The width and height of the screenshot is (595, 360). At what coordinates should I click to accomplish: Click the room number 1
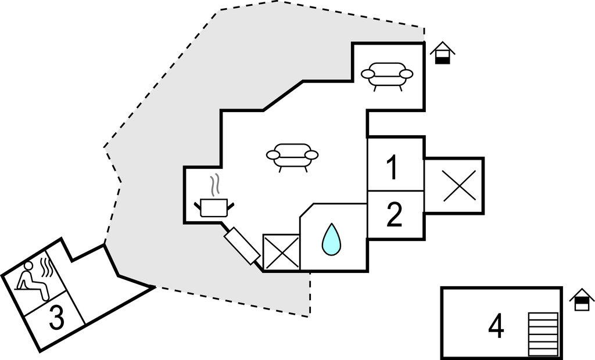(x=393, y=167)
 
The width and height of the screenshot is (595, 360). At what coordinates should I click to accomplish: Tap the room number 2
(x=394, y=215)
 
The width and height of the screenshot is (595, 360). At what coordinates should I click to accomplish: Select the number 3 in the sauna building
(x=56, y=318)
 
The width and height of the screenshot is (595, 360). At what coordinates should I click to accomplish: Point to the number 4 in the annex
(x=496, y=327)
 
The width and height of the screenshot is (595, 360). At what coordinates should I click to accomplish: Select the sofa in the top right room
(x=386, y=74)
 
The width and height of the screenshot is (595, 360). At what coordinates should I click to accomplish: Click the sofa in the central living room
(x=292, y=155)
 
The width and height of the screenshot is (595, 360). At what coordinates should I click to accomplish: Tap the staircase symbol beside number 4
(x=543, y=333)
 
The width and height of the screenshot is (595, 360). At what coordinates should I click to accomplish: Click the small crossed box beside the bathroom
(x=281, y=252)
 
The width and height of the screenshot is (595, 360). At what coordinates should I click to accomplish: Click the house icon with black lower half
(x=443, y=53)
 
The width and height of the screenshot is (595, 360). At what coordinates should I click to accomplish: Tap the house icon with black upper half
(x=582, y=300)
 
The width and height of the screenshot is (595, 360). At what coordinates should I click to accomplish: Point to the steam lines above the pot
(x=216, y=185)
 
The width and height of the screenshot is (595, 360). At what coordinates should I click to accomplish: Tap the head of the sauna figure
(x=28, y=266)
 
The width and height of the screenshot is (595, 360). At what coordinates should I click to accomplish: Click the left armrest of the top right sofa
(x=367, y=74)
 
